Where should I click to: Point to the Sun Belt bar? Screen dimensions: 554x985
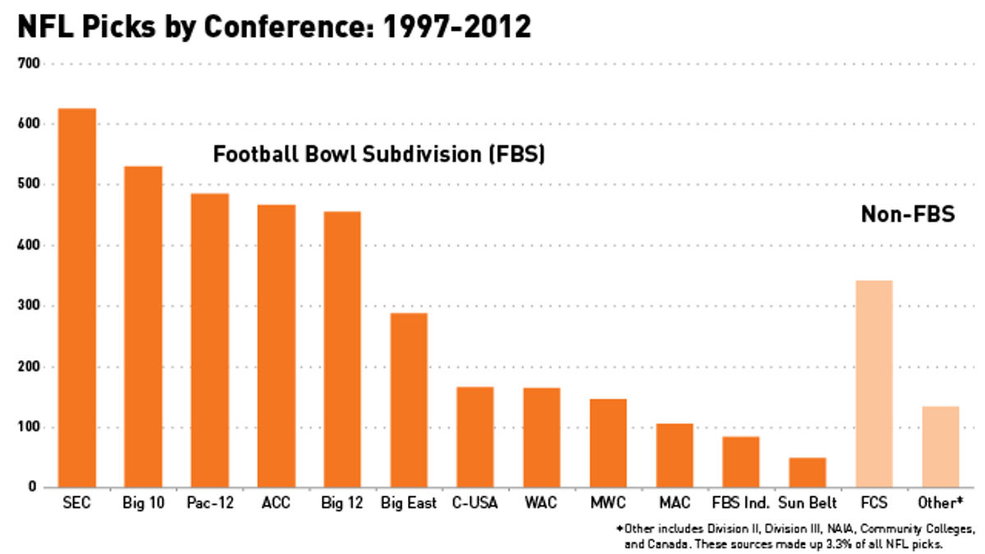click(x=807, y=473)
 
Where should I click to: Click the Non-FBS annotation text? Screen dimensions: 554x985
click(x=907, y=214)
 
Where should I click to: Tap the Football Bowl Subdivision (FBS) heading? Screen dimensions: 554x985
click(x=379, y=154)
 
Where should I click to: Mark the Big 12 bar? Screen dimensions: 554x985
click(x=342, y=350)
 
